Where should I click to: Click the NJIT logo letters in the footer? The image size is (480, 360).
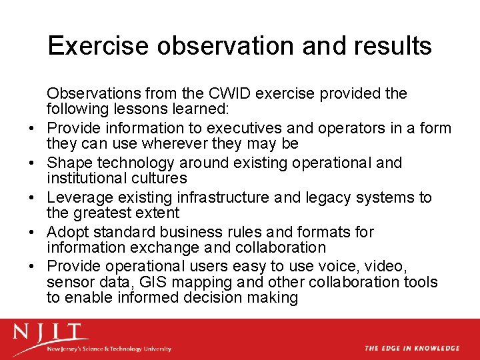[x=49, y=332]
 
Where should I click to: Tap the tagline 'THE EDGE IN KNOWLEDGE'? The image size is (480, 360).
[x=411, y=348]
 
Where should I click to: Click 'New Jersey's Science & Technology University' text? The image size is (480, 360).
[x=109, y=349]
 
